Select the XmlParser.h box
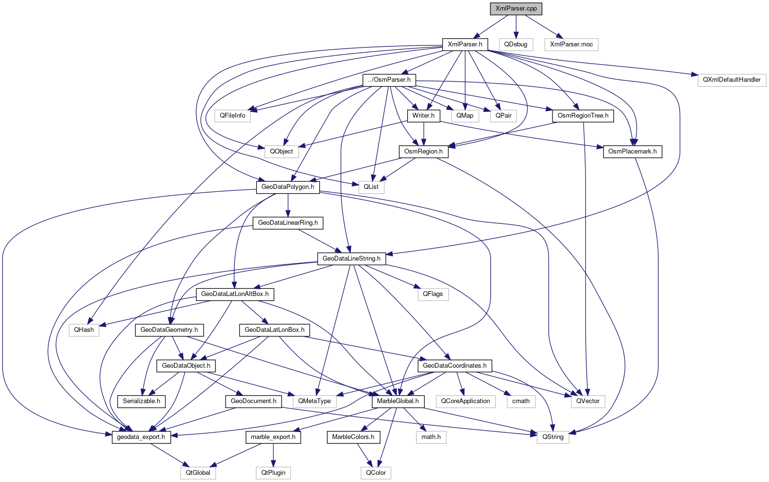(465, 44)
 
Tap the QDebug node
(516, 44)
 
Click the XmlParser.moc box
(571, 44)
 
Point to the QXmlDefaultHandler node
(732, 80)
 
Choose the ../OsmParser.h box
(390, 80)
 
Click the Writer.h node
(423, 116)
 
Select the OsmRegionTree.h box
(583, 116)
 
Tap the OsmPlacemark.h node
(632, 152)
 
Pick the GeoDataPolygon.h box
(288, 187)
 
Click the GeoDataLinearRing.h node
(288, 223)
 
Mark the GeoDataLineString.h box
(351, 259)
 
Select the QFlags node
(433, 294)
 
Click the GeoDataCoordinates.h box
(455, 366)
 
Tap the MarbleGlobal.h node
(398, 401)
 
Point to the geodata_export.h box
(141, 437)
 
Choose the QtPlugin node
(273, 473)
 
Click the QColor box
(376, 473)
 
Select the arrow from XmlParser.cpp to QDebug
(516, 26)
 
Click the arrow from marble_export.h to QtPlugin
(273, 455)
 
